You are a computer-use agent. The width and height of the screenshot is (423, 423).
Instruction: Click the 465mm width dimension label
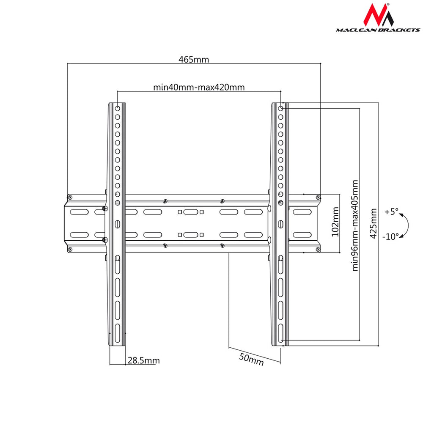click(193, 60)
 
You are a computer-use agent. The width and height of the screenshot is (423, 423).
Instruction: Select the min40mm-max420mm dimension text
click(199, 88)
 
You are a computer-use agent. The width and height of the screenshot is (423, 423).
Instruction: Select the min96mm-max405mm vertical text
click(354, 225)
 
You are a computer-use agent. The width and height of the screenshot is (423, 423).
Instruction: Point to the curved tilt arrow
click(406, 224)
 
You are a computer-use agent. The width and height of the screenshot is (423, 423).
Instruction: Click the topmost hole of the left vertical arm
click(117, 108)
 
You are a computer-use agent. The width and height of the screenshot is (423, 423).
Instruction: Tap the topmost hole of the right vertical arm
click(280, 108)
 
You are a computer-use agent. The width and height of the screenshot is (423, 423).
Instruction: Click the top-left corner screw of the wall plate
click(70, 197)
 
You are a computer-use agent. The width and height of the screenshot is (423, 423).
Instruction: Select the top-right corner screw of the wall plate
click(317, 197)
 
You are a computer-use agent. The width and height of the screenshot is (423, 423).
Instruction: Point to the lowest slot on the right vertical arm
click(280, 332)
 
